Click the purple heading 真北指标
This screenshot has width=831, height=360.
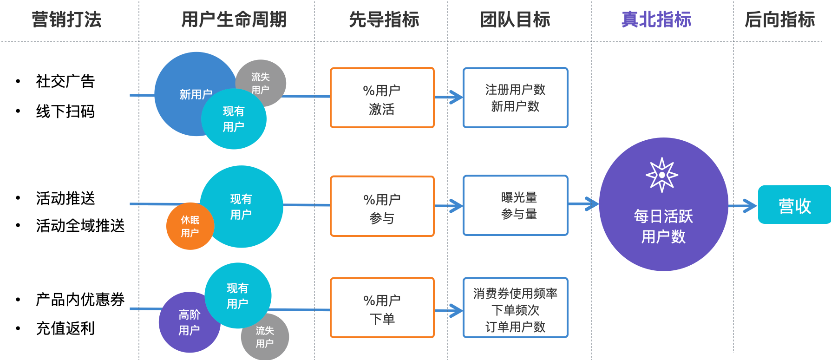(x=656, y=20)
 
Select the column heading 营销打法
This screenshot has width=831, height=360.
(x=66, y=20)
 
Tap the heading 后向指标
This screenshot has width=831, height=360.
(x=779, y=20)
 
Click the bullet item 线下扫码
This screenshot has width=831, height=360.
(x=65, y=111)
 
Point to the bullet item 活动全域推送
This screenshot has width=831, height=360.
(x=80, y=226)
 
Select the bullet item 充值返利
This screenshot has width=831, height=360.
(x=65, y=328)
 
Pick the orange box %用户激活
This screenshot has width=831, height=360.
(x=382, y=98)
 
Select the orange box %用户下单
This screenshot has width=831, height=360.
(x=382, y=308)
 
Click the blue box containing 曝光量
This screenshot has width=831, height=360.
(x=516, y=205)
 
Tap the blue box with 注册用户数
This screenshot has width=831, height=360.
(x=516, y=98)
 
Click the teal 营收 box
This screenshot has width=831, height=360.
(x=794, y=205)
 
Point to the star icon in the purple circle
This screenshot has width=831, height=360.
(x=662, y=175)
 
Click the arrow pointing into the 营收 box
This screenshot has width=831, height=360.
(x=743, y=206)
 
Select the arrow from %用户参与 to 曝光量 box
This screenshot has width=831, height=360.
(x=449, y=206)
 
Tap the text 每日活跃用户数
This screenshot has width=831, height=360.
(x=663, y=226)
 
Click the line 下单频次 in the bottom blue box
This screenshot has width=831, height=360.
(x=516, y=310)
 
